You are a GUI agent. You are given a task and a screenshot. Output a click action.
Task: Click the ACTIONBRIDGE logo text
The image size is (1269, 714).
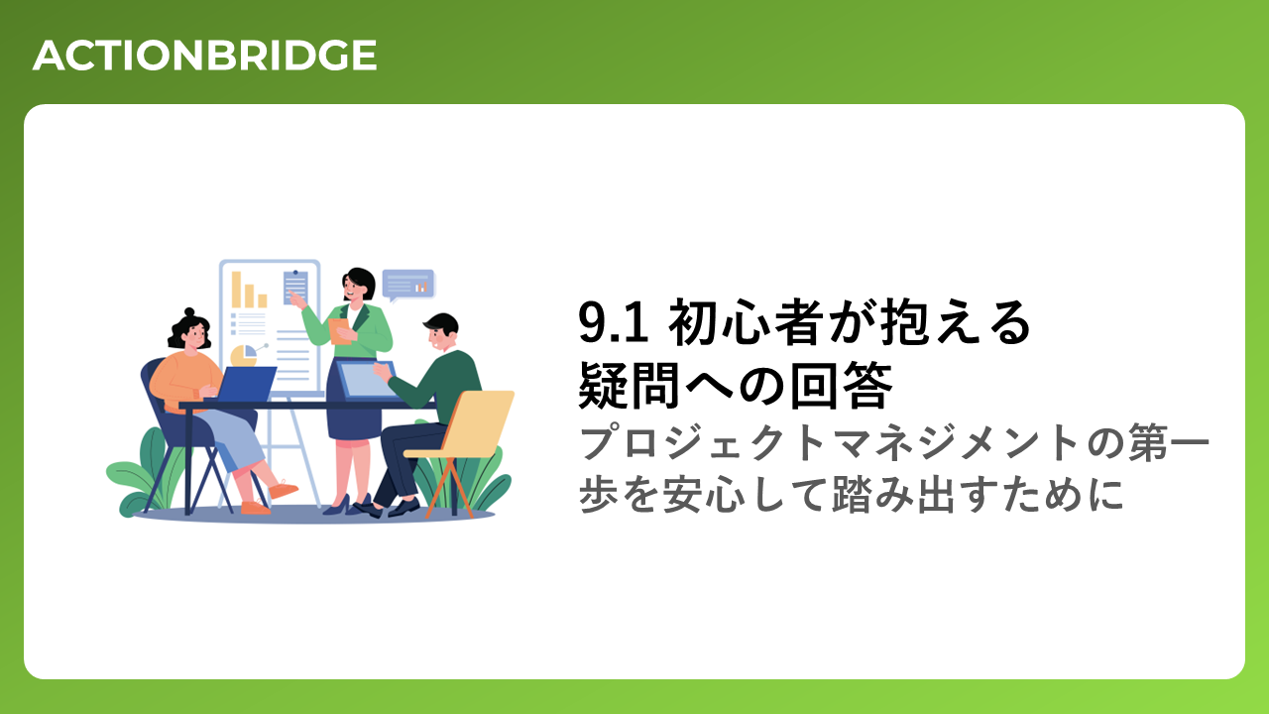pos(205,56)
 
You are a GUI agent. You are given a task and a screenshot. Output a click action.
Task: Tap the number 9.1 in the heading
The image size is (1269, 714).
pos(613,322)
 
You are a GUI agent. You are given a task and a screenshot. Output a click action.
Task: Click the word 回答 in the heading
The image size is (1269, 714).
pos(842,386)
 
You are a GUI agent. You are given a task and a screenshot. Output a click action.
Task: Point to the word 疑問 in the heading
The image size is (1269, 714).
pos(629,386)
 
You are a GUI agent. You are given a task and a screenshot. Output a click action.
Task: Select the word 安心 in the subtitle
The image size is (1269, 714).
pos(704,494)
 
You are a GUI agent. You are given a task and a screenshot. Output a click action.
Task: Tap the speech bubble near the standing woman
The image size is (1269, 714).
pos(408,285)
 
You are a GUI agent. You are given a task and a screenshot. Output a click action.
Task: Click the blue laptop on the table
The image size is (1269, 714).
pos(245,384)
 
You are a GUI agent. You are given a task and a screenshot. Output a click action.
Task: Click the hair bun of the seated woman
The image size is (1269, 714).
pos(189,312)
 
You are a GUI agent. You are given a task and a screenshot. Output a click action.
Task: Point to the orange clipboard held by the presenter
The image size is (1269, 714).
pos(340,331)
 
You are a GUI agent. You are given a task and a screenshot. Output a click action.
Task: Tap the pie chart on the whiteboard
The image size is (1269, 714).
pos(244,355)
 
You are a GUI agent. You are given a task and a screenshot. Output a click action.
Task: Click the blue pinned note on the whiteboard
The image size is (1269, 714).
pos(295,287)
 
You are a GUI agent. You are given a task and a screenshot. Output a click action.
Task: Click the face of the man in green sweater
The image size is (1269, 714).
pos(440,338)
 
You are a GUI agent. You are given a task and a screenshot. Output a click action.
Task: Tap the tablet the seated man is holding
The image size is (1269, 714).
pos(366,380)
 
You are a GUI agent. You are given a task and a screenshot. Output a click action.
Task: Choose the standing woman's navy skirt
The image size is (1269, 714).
pos(354,408)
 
